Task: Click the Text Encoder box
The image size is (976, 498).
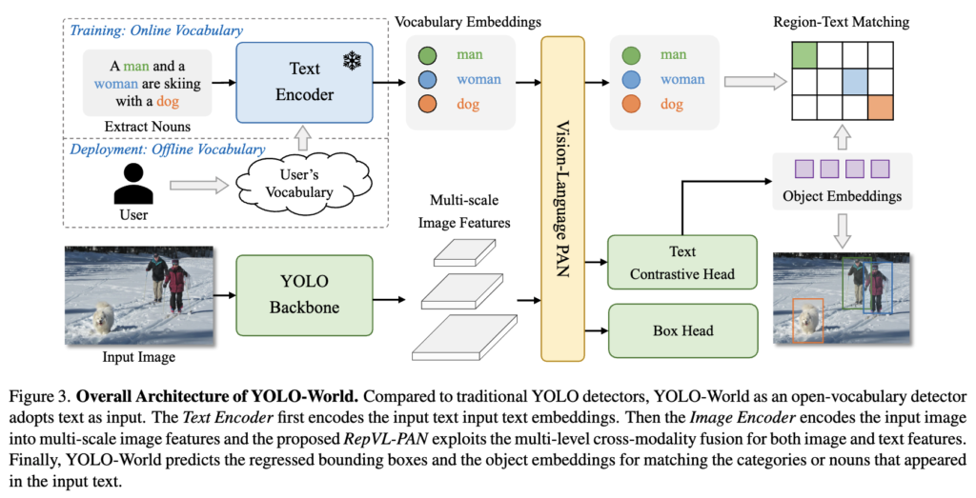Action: pyautogui.click(x=304, y=82)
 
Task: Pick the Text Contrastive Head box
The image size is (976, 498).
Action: pyautogui.click(x=681, y=263)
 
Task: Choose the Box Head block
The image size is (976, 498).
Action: pyautogui.click(x=681, y=330)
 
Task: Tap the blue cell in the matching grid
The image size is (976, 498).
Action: pyautogui.click(x=854, y=83)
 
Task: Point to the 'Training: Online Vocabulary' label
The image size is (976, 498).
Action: pyautogui.click(x=156, y=30)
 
